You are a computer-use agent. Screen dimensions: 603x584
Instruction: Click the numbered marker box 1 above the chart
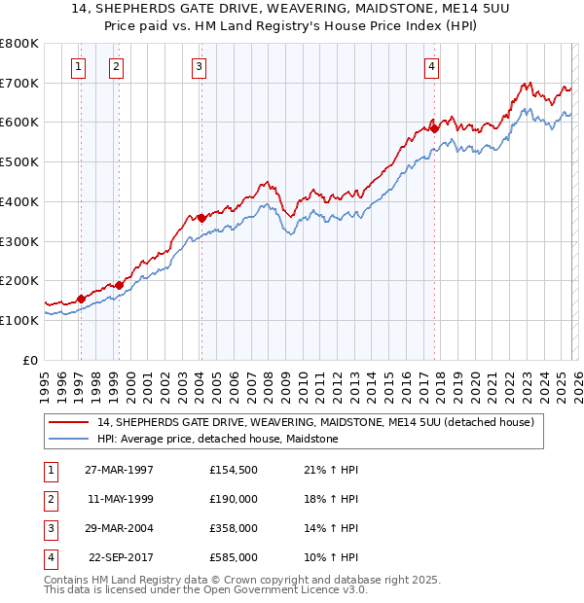[77, 67]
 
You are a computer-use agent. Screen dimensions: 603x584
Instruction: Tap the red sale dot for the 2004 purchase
[201, 218]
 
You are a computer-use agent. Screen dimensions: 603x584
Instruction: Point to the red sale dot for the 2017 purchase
[434, 128]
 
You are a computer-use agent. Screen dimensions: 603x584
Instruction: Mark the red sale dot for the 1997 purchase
[82, 299]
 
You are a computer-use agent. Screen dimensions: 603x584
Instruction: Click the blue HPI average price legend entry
[217, 440]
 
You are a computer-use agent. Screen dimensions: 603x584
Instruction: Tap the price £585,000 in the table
[233, 557]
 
